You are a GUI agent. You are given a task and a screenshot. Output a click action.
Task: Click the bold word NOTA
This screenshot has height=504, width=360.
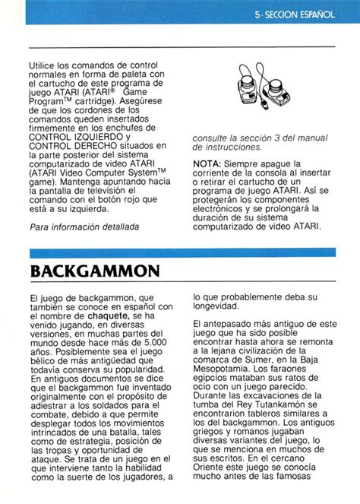coord(207,163)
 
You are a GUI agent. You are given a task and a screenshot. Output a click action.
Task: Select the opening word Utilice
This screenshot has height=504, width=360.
coord(46,67)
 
